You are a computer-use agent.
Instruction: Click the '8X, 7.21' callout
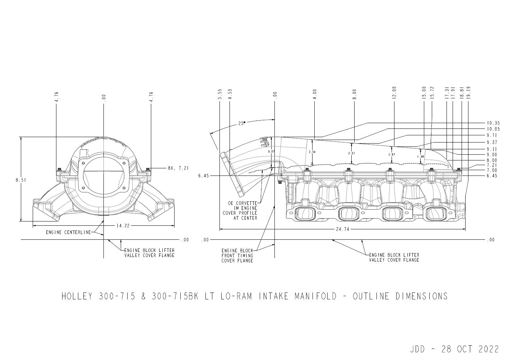pyautogui.click(x=178, y=168)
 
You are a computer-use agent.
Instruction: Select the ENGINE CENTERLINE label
pyautogui.click(x=68, y=232)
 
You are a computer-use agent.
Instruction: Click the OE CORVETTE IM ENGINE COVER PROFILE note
pyautogui.click(x=242, y=210)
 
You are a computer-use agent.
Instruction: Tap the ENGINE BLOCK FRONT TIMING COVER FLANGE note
pyautogui.click(x=237, y=256)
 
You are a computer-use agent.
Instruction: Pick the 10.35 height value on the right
pyautogui.click(x=493, y=123)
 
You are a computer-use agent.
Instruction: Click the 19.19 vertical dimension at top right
pyautogui.click(x=469, y=93)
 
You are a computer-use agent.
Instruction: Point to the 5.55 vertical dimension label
pyautogui.click(x=220, y=94)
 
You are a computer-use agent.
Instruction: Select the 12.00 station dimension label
pyautogui.click(x=394, y=93)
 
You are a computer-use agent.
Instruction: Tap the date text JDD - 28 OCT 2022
pyautogui.click(x=454, y=349)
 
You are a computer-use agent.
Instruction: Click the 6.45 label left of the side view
pyautogui.click(x=203, y=176)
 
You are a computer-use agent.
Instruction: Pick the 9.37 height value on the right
pyautogui.click(x=492, y=142)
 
